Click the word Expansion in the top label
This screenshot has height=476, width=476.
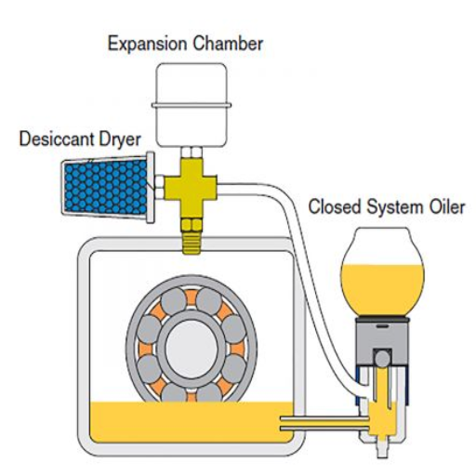pos(147,45)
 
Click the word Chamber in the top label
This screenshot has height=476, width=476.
pos(228,44)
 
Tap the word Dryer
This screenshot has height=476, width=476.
pos(120,140)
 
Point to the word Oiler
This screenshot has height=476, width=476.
pos(447,206)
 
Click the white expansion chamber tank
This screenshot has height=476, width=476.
pos(192,105)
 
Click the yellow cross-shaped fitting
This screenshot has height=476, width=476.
pos(191,188)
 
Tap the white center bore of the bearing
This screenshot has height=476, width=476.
pos(192,349)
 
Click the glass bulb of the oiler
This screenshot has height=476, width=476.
pos(382,272)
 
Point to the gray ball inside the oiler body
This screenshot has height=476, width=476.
pos(382,359)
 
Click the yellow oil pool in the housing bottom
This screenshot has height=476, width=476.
pos(192,421)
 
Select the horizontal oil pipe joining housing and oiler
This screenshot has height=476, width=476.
pos(324,424)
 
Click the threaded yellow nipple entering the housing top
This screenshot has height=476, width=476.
pos(192,243)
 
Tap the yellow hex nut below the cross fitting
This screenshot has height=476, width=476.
pos(192,225)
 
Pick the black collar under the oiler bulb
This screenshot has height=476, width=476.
pos(382,319)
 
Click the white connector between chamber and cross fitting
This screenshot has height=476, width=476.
pos(192,152)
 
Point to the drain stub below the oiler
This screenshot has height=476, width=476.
pos(382,449)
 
